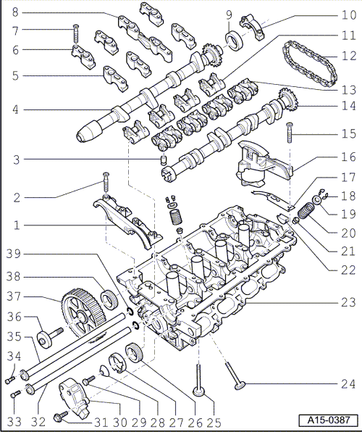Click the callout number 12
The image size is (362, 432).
[349, 56]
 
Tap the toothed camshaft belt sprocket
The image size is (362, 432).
[83, 312]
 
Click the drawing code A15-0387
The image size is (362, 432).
[329, 420]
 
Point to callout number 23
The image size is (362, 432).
[349, 303]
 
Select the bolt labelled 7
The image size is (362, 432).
[76, 35]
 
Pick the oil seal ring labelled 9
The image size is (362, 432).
[235, 41]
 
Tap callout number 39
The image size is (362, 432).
[14, 254]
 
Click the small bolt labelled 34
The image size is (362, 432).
[9, 380]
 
